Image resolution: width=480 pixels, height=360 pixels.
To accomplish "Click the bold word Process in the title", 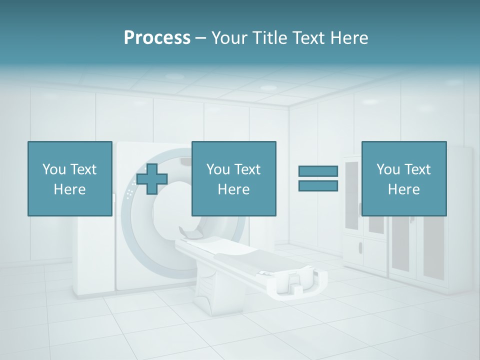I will click(157, 38).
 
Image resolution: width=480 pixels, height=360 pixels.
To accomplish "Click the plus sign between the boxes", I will click(152, 179).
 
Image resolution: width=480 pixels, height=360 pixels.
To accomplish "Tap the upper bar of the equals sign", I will click(318, 171).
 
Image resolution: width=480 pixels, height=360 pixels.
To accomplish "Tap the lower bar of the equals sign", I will click(318, 185).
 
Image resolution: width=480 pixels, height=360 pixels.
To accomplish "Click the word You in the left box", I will click(54, 169).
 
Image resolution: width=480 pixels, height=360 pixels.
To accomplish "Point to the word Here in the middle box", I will click(233, 189).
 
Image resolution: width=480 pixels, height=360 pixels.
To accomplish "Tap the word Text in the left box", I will click(83, 169).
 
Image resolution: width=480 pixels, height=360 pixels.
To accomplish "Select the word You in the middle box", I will click(218, 169).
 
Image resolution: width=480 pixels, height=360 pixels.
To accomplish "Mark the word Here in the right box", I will click(403, 189).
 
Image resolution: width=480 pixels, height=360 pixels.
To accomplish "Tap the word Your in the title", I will click(230, 38).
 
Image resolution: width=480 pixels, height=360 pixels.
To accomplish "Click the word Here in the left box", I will click(70, 189).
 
